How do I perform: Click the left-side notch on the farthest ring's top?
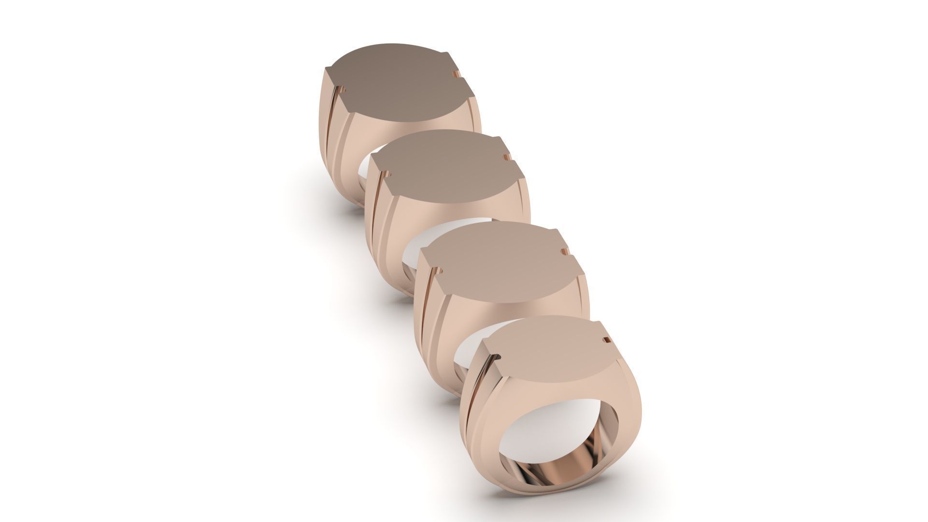344,90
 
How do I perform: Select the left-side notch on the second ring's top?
388,173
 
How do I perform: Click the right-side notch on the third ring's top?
562,251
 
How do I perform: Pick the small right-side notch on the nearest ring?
603,341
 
